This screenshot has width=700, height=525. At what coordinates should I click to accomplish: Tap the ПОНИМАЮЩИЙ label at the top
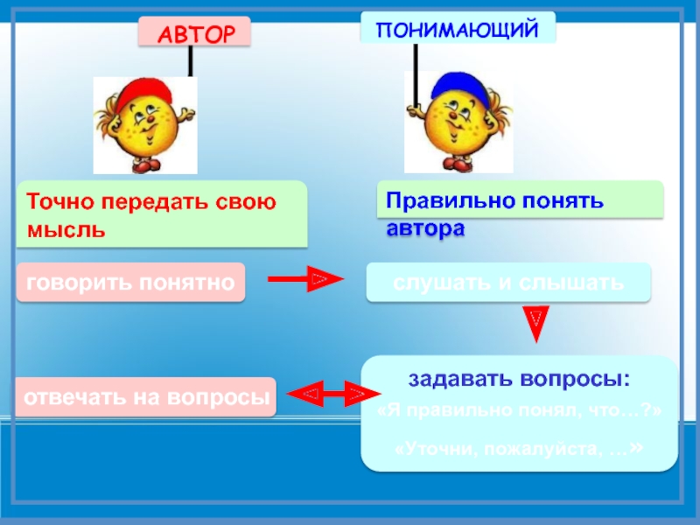(x=457, y=29)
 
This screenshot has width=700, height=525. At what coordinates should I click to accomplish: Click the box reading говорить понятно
(x=129, y=283)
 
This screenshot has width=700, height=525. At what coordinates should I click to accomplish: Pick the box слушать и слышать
(x=508, y=283)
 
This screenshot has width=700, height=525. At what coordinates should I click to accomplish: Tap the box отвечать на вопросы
(x=145, y=396)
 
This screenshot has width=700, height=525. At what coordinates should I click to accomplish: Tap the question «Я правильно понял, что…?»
(x=519, y=412)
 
